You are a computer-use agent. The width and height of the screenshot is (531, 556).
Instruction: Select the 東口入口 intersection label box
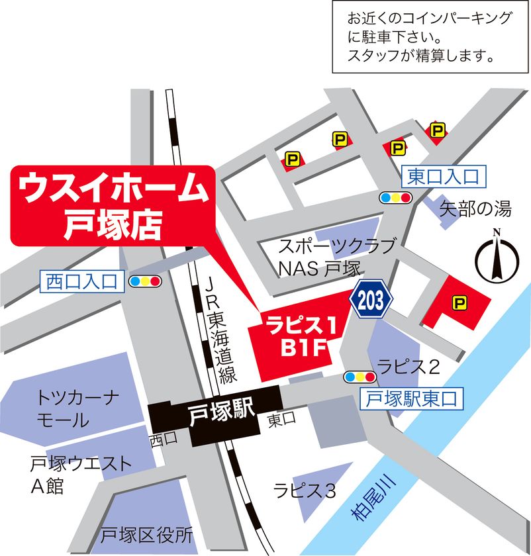[442, 175]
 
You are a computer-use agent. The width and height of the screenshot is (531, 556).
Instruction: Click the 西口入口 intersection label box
[81, 281]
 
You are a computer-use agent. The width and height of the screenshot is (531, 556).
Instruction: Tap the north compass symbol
[496, 258]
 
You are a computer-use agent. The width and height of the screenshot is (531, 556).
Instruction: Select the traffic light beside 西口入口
[145, 281]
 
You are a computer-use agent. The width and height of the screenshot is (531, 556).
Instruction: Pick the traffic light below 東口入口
[395, 197]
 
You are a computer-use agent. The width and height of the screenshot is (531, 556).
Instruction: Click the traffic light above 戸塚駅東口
[360, 377]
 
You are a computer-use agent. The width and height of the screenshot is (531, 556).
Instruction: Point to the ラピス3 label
[305, 490]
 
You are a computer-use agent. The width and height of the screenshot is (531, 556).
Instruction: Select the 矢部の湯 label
[476, 210]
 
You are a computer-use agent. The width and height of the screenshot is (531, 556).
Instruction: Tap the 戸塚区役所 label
[146, 534]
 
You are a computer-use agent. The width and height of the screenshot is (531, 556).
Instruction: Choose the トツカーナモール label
[77, 409]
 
